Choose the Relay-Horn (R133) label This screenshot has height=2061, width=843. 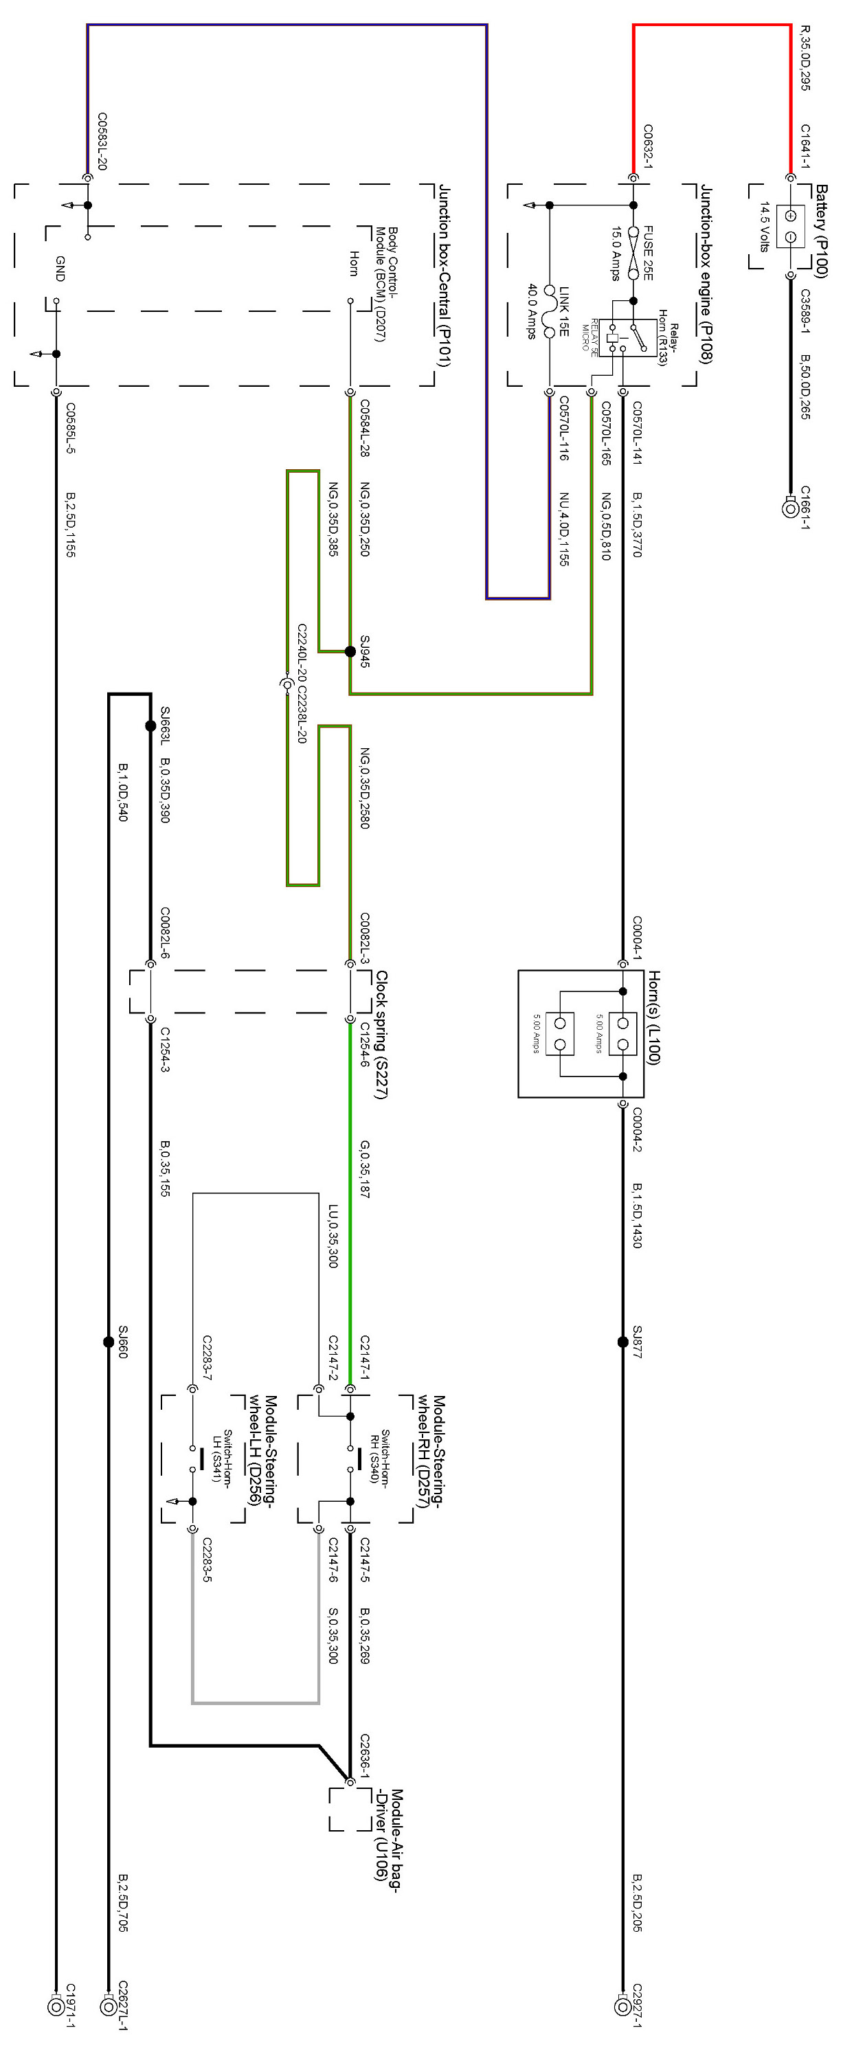[x=668, y=344]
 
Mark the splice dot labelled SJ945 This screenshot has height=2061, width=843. [x=350, y=651]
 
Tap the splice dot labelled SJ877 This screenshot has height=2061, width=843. [x=623, y=1342]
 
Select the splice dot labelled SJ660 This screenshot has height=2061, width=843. [x=109, y=1342]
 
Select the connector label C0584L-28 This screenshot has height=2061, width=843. [x=365, y=428]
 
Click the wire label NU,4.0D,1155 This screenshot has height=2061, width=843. [x=564, y=529]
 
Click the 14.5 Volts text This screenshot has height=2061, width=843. [x=765, y=227]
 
